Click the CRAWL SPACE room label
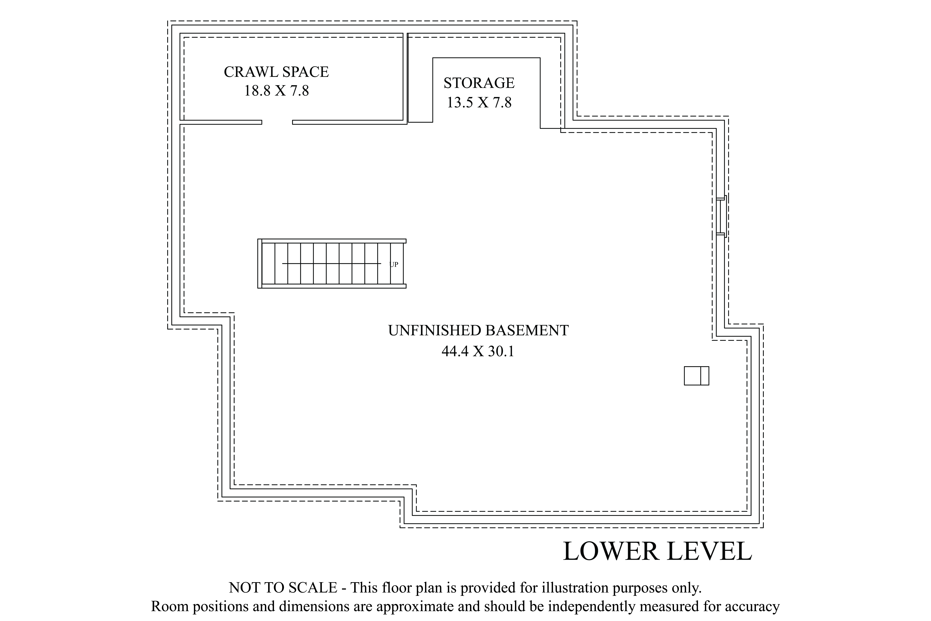[276, 72]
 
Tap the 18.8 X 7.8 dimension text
[276, 91]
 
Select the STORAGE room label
[479, 83]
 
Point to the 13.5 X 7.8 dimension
[479, 103]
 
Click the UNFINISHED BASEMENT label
[478, 330]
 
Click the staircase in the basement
[332, 263]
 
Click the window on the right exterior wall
[721, 216]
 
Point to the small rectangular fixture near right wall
[696, 376]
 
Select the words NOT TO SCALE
[283, 587]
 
